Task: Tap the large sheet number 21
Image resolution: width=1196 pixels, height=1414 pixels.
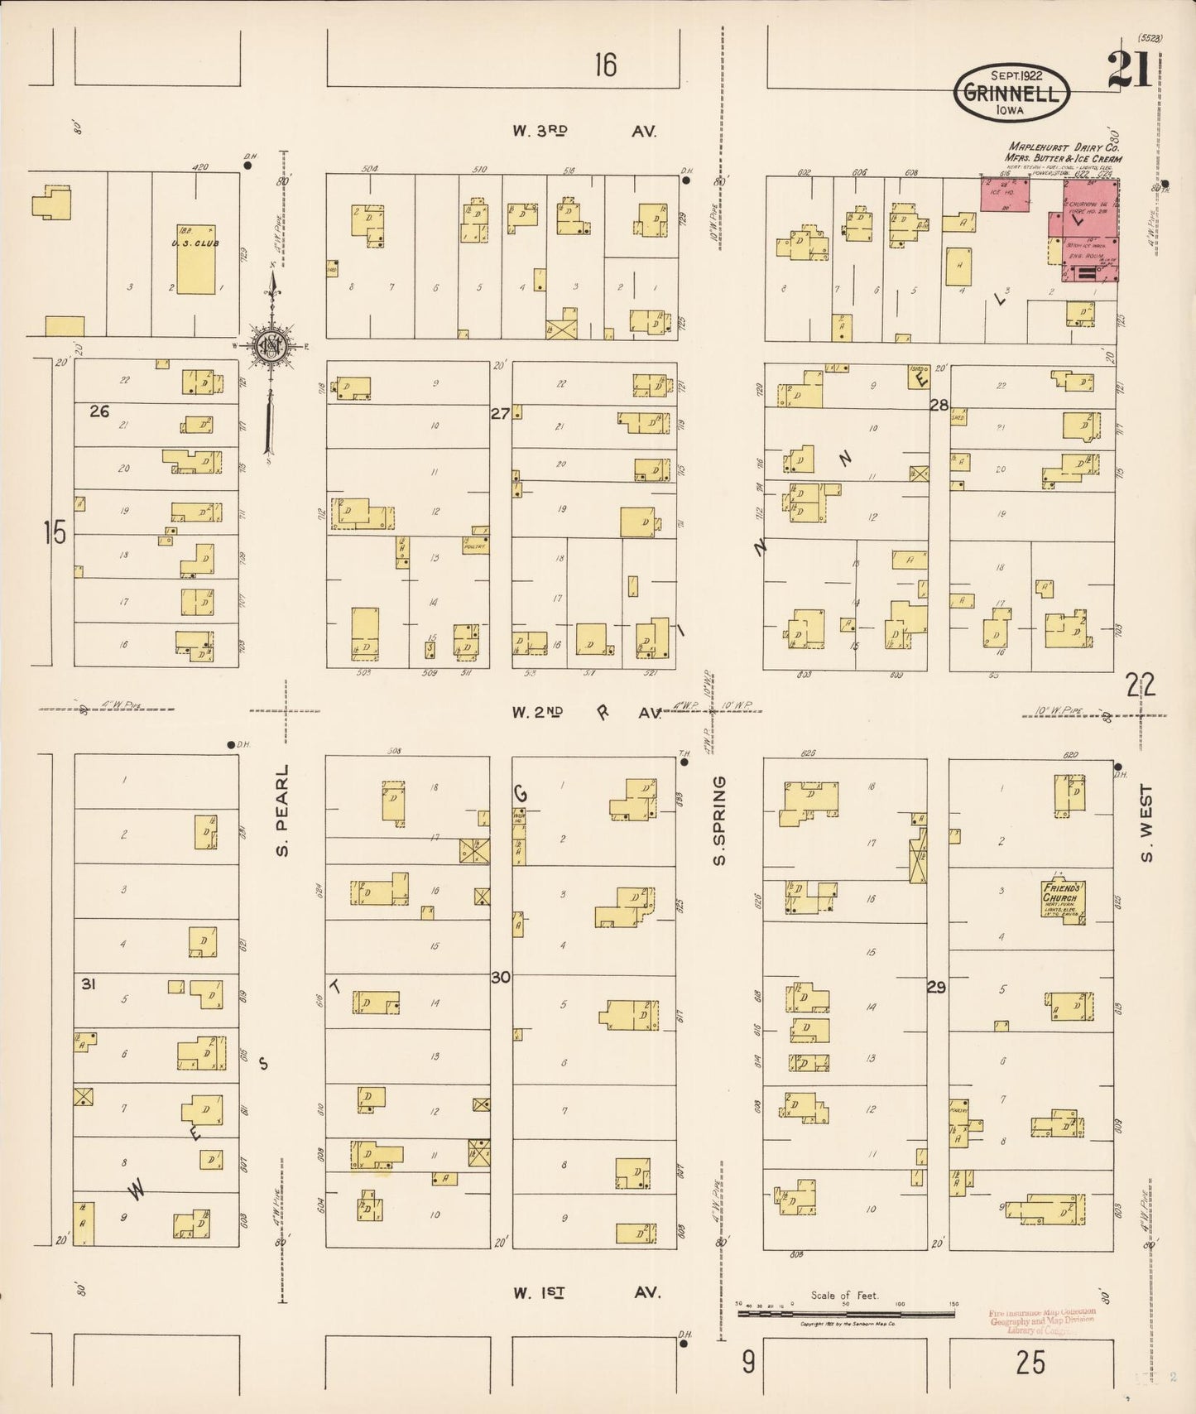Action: tap(1130, 70)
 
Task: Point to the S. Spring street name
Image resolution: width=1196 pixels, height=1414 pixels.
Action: tap(718, 820)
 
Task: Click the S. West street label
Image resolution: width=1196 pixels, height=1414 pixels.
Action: tap(1146, 822)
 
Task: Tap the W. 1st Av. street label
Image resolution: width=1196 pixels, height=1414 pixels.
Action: tap(584, 1293)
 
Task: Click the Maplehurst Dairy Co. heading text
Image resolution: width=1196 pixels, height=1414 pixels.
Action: tap(1064, 152)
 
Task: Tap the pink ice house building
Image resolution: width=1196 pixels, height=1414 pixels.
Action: tap(1005, 193)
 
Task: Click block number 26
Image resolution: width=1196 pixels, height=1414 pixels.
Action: tap(99, 411)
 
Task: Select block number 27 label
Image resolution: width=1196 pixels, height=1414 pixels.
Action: tap(500, 413)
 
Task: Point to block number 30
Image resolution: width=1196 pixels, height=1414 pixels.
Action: tap(501, 978)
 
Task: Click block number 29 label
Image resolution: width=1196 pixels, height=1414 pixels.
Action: tap(936, 987)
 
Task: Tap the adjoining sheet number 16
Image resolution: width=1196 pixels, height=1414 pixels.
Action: tap(605, 65)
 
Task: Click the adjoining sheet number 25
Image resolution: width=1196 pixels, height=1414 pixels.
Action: tap(1030, 1363)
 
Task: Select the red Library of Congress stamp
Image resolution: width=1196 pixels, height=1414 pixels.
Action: tap(1042, 1321)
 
